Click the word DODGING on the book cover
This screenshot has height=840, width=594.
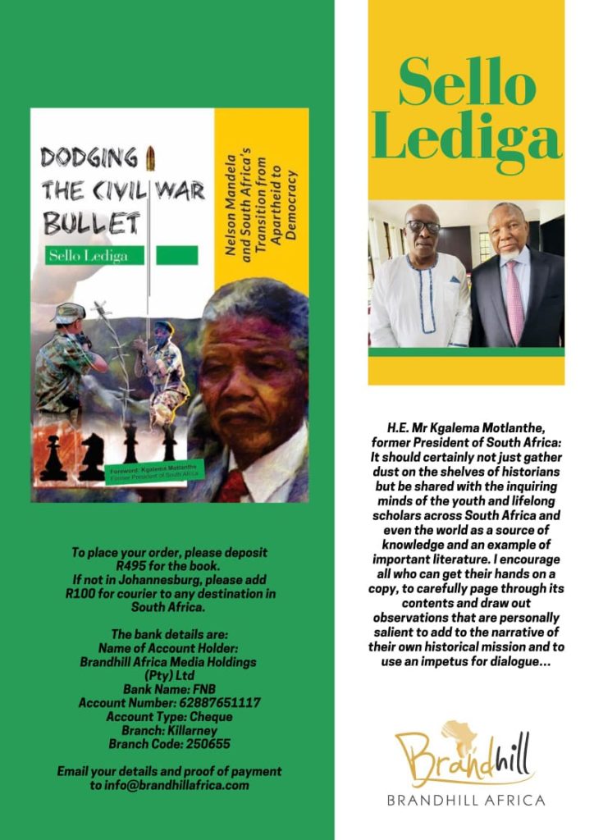click(x=89, y=157)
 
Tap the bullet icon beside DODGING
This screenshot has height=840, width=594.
click(x=149, y=156)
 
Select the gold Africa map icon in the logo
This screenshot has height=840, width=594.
click(x=459, y=733)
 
